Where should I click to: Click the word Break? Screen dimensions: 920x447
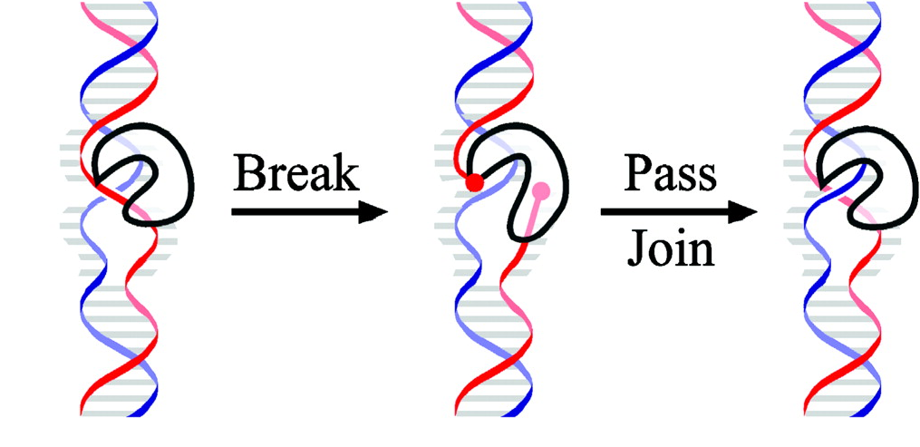[x=295, y=172]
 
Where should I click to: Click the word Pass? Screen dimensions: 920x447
[x=671, y=172]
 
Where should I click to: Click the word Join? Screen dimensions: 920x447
[x=672, y=248]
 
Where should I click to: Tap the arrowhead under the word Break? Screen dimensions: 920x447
[x=371, y=212]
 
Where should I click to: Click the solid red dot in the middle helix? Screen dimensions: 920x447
[x=473, y=183]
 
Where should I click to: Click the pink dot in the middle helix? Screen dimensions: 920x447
[x=541, y=190]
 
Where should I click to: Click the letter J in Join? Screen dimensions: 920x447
[x=638, y=248]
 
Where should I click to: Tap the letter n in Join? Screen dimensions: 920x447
[x=700, y=251]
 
